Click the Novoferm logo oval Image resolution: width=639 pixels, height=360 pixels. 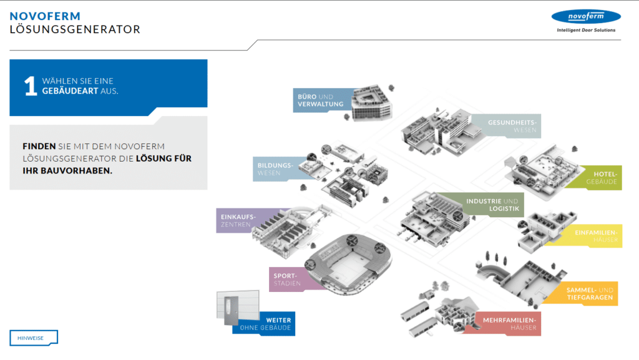pos(585,17)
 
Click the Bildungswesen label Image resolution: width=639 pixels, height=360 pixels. pos(275,169)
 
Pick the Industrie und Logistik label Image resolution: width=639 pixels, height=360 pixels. pos(492,204)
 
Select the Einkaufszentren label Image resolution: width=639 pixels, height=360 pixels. pos(238,220)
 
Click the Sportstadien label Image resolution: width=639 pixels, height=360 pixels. pos(286,279)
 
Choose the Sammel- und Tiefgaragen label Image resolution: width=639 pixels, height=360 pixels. pos(590,294)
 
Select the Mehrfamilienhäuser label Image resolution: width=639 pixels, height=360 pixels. pos(509,324)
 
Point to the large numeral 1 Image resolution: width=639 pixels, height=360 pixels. pos(31,87)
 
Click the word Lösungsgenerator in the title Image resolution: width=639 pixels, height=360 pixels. pos(75,29)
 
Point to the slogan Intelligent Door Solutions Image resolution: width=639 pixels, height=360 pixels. pos(585,30)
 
